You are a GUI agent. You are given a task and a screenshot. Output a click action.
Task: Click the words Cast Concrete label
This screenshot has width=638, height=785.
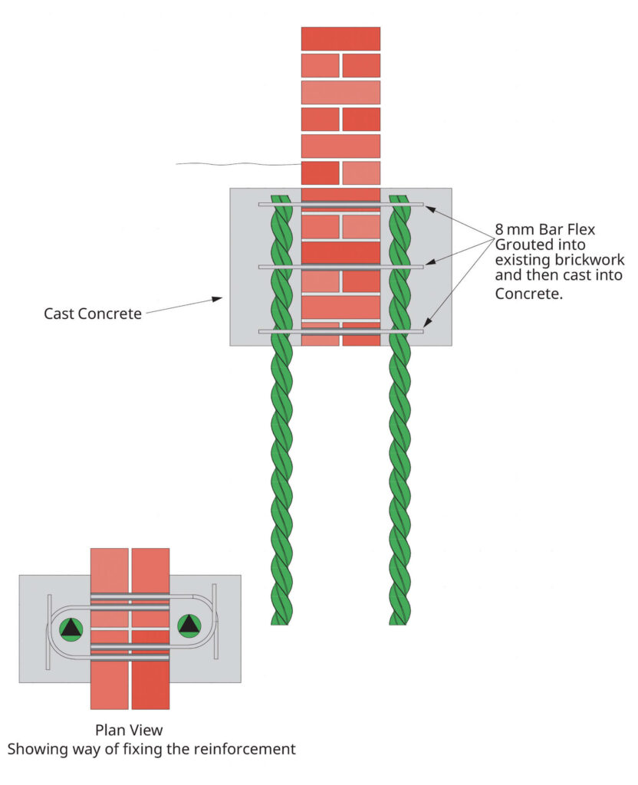(93, 314)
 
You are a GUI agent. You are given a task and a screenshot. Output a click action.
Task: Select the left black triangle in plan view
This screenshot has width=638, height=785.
(71, 629)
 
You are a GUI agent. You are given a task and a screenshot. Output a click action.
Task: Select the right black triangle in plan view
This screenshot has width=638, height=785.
(189, 626)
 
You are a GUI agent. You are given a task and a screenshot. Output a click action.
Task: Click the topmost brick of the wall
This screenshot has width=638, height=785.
(340, 38)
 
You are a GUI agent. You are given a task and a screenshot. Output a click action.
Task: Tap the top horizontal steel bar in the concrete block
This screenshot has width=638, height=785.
(340, 204)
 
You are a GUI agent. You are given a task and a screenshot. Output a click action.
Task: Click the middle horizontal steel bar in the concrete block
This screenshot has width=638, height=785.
(340, 267)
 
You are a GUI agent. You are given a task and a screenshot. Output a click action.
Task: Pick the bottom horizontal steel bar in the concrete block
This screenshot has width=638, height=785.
(340, 331)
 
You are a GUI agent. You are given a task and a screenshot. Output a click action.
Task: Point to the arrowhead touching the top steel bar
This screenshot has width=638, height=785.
(430, 208)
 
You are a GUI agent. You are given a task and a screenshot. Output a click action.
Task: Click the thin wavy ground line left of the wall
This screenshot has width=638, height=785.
(238, 163)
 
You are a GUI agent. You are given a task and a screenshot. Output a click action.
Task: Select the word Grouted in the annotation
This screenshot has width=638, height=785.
(522, 245)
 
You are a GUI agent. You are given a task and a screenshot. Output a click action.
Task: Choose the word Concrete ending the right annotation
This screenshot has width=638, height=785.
(529, 294)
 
